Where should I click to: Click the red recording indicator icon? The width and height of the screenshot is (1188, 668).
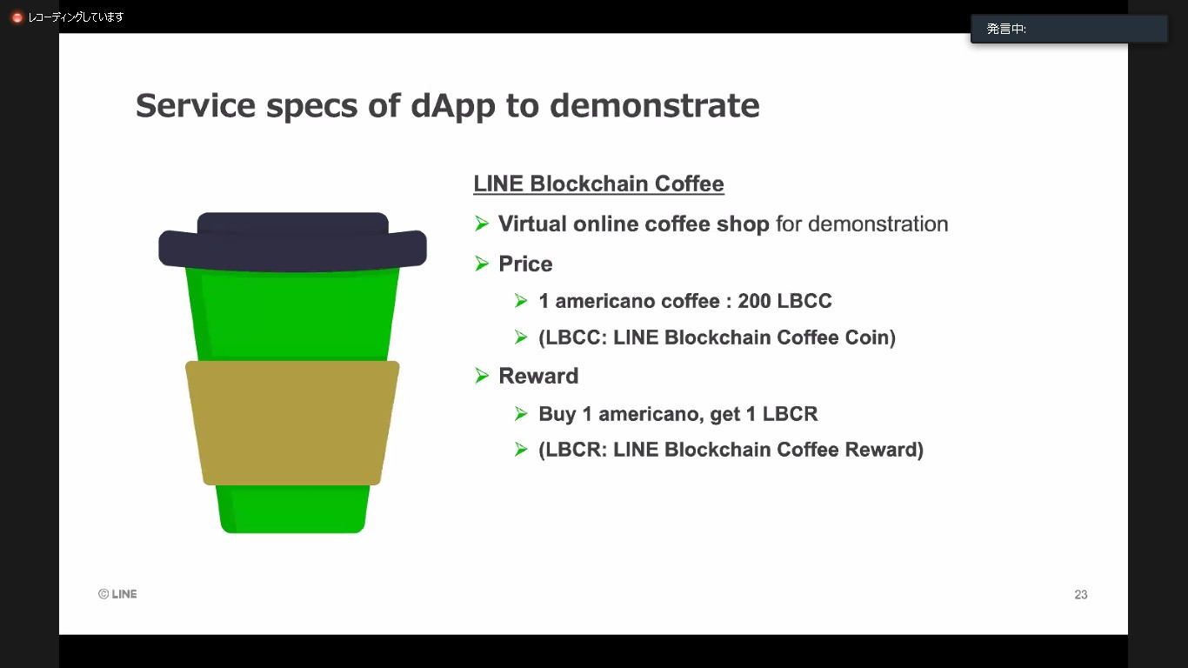tap(17, 17)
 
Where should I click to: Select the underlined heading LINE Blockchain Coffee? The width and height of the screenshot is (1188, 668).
tap(598, 184)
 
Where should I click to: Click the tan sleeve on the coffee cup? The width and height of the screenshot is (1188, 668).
tap(292, 423)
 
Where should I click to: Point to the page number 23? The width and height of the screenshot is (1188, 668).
tap(1080, 595)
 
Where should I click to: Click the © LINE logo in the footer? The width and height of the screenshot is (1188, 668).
tap(117, 594)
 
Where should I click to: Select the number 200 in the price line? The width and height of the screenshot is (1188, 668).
tap(754, 301)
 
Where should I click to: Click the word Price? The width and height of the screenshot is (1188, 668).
tap(525, 264)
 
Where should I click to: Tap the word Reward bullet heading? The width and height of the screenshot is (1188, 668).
tap(538, 376)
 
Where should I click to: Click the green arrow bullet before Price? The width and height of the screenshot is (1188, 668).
tap(483, 263)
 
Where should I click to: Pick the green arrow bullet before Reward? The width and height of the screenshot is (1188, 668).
tap(483, 375)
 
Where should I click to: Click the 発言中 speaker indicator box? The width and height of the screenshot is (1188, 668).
tap(1068, 29)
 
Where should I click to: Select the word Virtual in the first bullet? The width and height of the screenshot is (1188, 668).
tap(531, 224)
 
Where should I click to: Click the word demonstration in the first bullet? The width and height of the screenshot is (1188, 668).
tap(878, 224)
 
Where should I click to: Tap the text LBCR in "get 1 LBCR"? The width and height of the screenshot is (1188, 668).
tap(790, 414)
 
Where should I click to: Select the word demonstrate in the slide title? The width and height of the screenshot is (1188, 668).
tap(655, 106)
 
